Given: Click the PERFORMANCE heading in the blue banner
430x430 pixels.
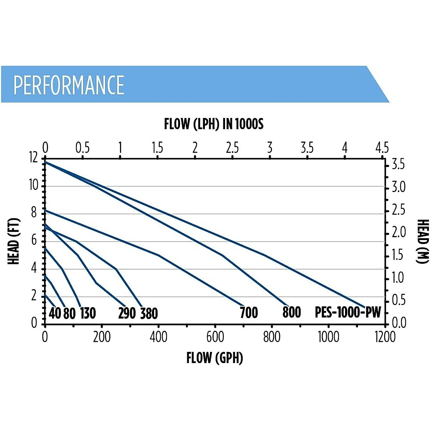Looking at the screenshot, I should [69, 85].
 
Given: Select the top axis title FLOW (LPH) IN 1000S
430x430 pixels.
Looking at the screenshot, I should [214, 124].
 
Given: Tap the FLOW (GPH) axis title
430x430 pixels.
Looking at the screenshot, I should [215, 358].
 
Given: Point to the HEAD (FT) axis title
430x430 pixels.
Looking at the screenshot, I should [14, 241].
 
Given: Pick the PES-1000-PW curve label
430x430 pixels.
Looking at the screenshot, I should [348, 312].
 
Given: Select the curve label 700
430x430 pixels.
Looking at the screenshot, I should [249, 313].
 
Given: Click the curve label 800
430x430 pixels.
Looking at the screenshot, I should [291, 312].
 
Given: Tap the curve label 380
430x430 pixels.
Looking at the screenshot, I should [149, 314].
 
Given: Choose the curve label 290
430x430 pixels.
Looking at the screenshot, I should [127, 314].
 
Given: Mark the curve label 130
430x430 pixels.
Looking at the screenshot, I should [87, 314].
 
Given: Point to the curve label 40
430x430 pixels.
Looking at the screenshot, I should [55, 314].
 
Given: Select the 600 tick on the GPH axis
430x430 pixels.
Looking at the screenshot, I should [215, 337].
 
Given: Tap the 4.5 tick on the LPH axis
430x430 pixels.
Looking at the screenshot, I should [382, 148].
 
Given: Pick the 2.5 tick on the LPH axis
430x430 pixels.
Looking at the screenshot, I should [232, 148].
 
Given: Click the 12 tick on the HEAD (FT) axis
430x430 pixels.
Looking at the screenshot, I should [34, 158].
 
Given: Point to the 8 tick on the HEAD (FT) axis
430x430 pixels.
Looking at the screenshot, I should [34, 213].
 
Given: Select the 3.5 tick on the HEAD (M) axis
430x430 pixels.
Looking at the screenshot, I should [398, 165].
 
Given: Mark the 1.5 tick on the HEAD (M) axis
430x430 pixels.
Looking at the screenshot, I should [397, 255].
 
